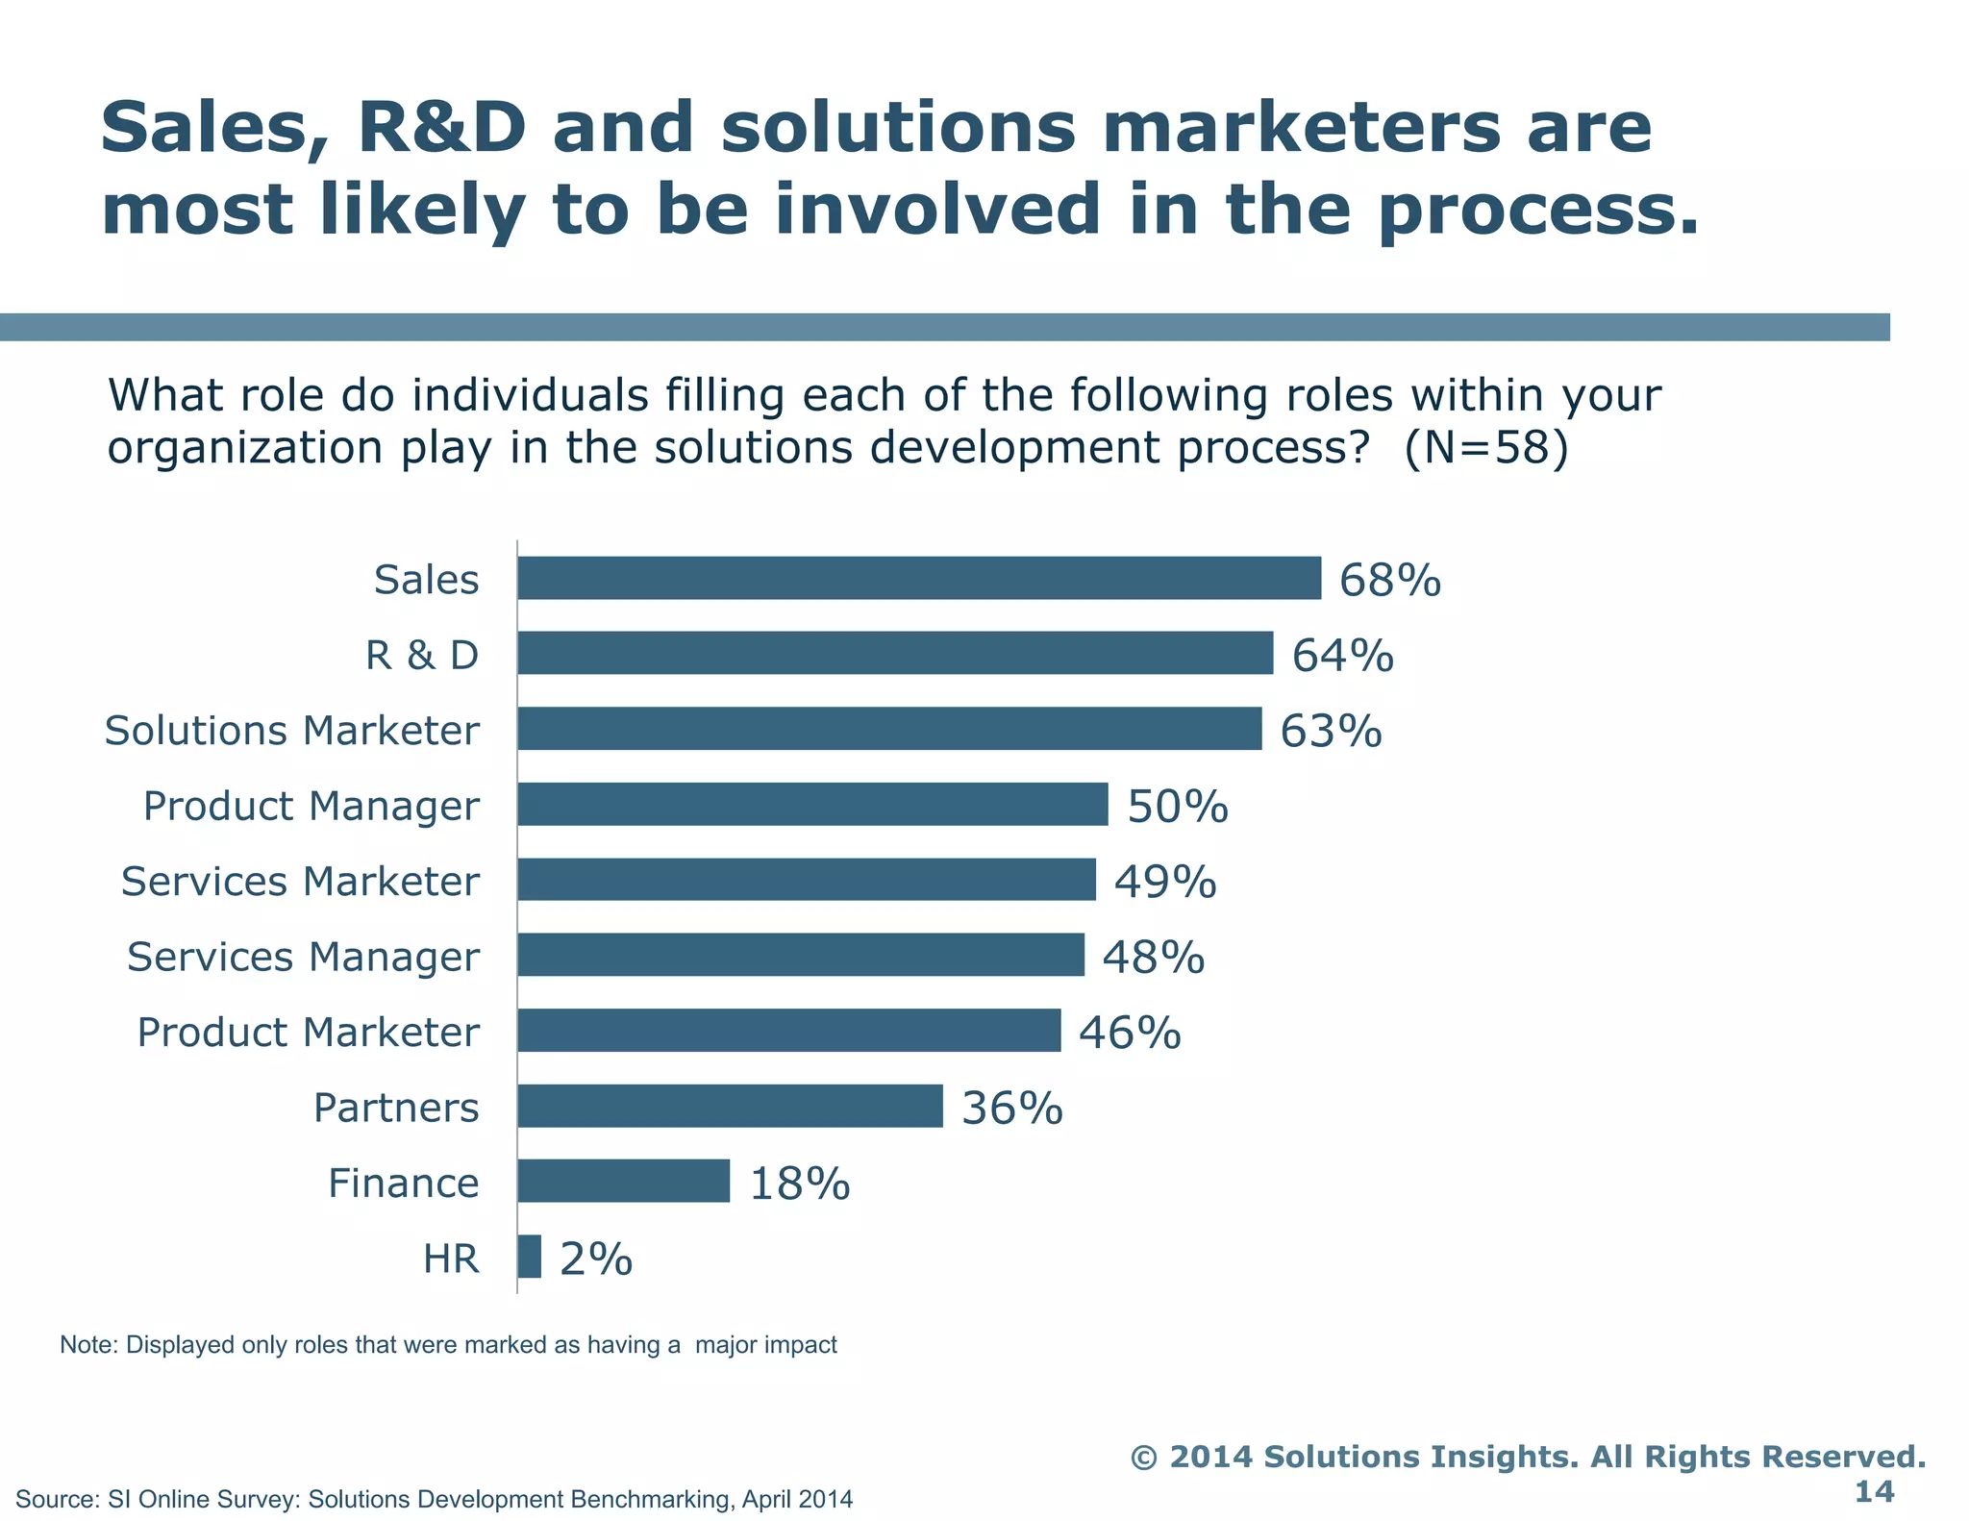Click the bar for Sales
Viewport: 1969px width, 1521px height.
pyautogui.click(x=918, y=578)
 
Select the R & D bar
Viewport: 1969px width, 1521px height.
pyautogui.click(x=894, y=653)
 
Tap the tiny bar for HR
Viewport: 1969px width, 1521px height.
pyautogui.click(x=529, y=1257)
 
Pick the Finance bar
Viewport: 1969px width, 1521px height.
pyautogui.click(x=623, y=1181)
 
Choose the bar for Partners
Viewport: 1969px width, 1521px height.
pyautogui.click(x=730, y=1106)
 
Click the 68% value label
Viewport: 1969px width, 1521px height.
pyautogui.click(x=1389, y=581)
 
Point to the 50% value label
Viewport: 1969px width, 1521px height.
pyautogui.click(x=1177, y=807)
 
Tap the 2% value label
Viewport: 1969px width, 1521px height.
pyautogui.click(x=595, y=1259)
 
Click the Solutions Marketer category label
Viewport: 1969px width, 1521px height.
pyautogui.click(x=291, y=731)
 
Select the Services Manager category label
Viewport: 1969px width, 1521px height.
pyautogui.click(x=303, y=957)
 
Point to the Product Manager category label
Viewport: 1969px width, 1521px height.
pyautogui.click(x=311, y=807)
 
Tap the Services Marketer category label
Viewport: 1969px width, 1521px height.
pyautogui.click(x=299, y=882)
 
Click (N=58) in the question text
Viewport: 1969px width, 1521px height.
pyautogui.click(x=1485, y=448)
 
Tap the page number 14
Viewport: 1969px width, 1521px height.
pyautogui.click(x=1873, y=1492)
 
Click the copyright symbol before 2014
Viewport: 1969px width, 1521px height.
pyautogui.click(x=1143, y=1458)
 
